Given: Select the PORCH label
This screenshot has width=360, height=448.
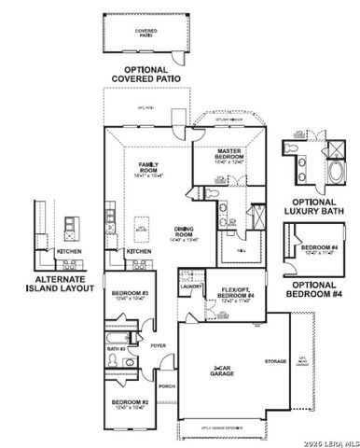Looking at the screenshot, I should pyautogui.click(x=167, y=385).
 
